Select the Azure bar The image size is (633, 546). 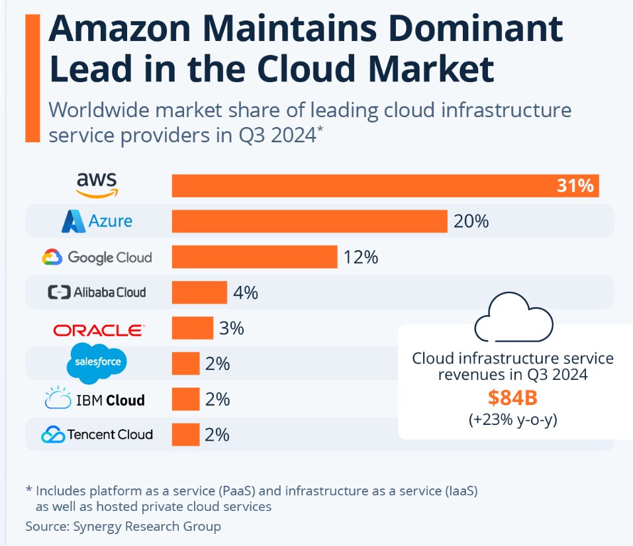(x=309, y=221)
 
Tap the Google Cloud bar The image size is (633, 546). (x=254, y=257)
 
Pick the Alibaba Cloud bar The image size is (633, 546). (x=199, y=292)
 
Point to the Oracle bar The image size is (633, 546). (x=192, y=328)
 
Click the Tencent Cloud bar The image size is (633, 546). (x=185, y=434)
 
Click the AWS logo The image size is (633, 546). (x=97, y=185)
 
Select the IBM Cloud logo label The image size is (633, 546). (x=95, y=399)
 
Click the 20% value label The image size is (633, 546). (x=471, y=221)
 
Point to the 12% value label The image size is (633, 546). (x=360, y=257)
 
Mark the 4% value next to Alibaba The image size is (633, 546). (x=245, y=292)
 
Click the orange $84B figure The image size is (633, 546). (x=513, y=398)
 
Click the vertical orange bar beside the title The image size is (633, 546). (x=32, y=77)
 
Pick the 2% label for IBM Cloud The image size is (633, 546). (x=217, y=399)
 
